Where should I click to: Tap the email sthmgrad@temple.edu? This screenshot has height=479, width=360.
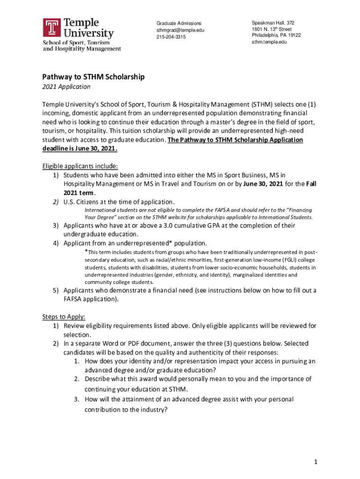[x=180, y=30]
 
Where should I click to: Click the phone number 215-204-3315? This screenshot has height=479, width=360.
[x=171, y=37]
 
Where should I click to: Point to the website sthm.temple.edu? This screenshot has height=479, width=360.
[x=269, y=42]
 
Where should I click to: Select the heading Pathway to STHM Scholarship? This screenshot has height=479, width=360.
[x=94, y=77]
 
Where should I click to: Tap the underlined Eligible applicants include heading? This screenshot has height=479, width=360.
[x=80, y=166]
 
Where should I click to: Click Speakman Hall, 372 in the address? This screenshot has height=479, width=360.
[x=273, y=23]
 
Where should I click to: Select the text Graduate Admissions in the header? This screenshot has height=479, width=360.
[x=179, y=23]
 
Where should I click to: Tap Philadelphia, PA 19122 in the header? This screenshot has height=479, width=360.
[x=276, y=36]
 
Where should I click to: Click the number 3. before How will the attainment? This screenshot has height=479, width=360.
[x=76, y=399]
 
